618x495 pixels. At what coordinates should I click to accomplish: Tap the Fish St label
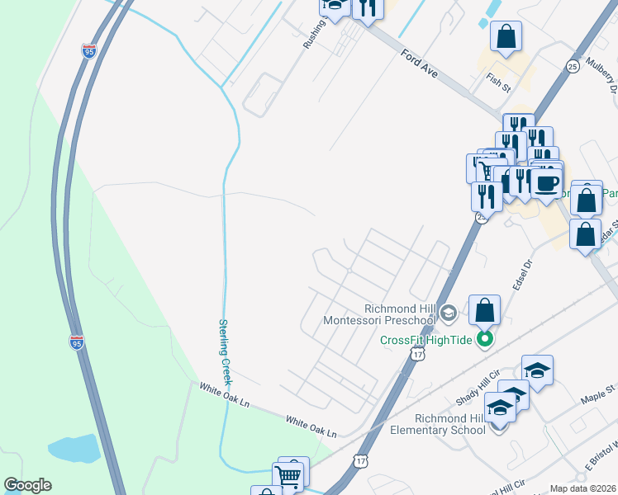[498, 81]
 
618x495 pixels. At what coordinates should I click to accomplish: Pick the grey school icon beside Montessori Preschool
[448, 312]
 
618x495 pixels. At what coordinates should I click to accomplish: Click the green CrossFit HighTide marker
[486, 339]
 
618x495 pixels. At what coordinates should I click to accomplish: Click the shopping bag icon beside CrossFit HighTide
[485, 310]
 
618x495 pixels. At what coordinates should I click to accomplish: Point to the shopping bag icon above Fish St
[506, 36]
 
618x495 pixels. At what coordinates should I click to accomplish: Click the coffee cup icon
[545, 181]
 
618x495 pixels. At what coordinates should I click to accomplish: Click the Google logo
[27, 485]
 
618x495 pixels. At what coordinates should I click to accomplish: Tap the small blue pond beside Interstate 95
[74, 448]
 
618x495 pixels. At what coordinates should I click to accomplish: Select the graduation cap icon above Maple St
[537, 370]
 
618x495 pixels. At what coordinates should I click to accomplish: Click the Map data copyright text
[582, 488]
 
